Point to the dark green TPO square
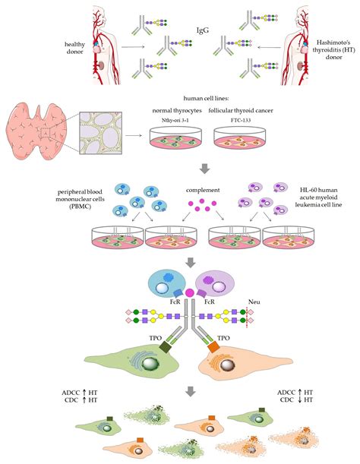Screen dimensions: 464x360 pos(166,347)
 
